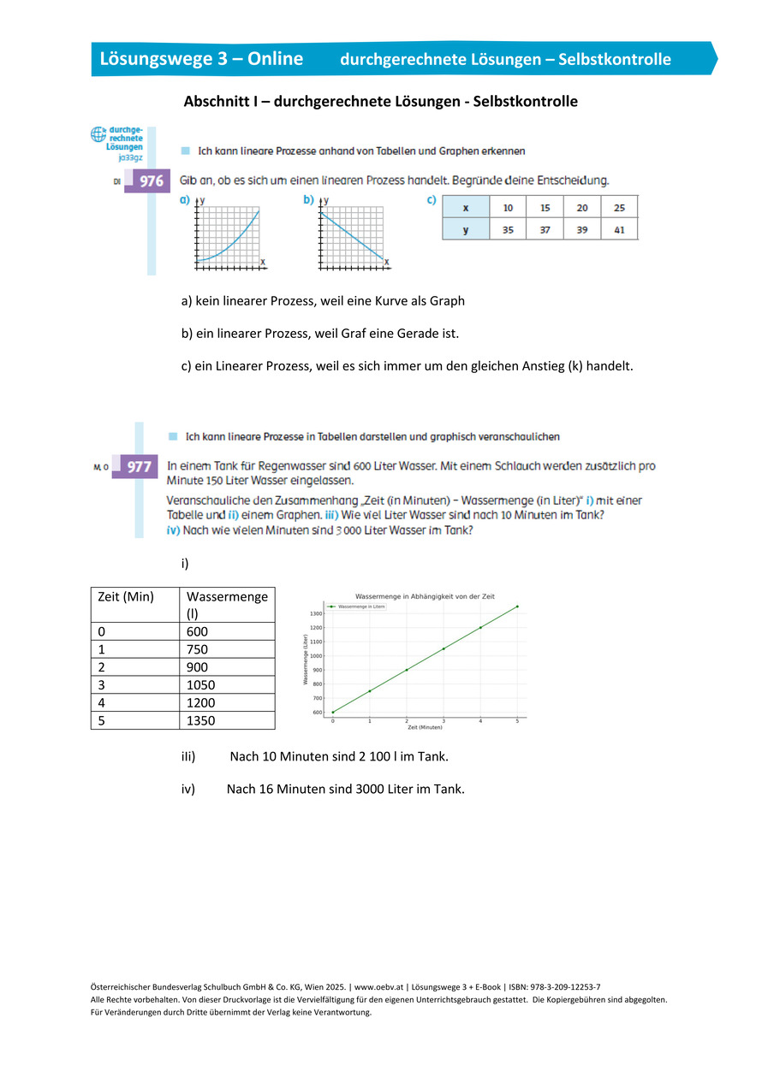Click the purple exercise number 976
click(151, 181)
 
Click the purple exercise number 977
click(139, 467)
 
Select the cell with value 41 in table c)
click(620, 229)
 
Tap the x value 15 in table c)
click(545, 208)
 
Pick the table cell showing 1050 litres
click(201, 684)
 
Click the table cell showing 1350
click(201, 720)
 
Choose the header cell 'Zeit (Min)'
click(127, 596)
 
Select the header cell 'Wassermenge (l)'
click(227, 604)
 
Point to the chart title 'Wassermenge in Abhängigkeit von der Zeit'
click(425, 596)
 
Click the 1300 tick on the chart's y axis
click(316, 613)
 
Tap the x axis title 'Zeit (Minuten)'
click(425, 727)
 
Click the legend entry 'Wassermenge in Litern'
click(360, 607)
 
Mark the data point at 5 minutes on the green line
click(517, 607)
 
